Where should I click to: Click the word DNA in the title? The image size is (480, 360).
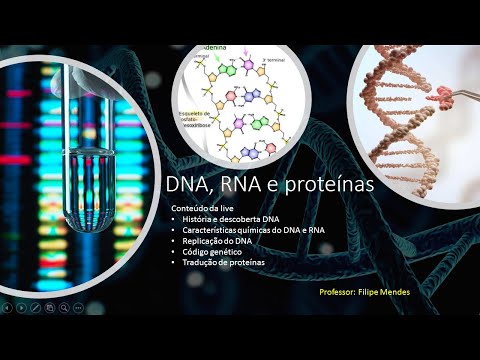pos(188,185)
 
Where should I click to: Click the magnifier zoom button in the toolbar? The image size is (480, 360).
pos(63,309)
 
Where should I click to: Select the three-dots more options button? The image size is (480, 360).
pos(78,309)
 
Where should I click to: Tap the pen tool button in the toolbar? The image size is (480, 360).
pos(35,309)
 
